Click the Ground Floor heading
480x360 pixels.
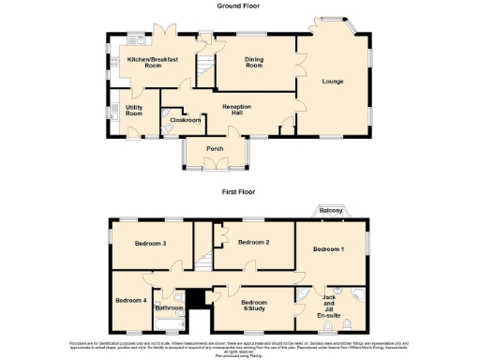[239, 6]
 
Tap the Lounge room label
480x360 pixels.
[333, 82]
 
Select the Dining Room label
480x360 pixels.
[253, 63]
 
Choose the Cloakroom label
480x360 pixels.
[185, 120]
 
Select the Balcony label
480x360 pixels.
[329, 211]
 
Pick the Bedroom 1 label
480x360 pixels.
[328, 248]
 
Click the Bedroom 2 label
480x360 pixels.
[253, 242]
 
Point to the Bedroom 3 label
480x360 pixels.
[150, 244]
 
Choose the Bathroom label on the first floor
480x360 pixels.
[170, 308]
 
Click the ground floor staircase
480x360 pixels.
[203, 67]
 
